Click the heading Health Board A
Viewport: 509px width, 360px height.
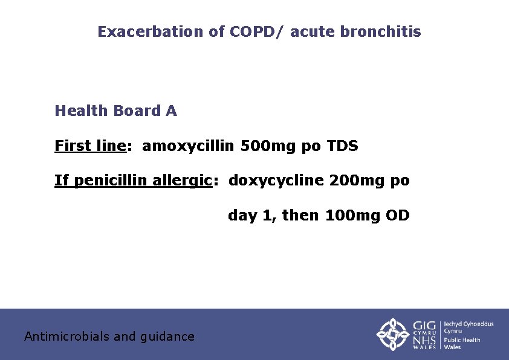(x=115, y=111)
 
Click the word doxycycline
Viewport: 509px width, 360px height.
(x=276, y=181)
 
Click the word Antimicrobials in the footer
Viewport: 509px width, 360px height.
(x=66, y=336)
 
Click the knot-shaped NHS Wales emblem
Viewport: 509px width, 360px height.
(x=393, y=334)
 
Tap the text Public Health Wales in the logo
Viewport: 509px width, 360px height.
(x=462, y=343)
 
